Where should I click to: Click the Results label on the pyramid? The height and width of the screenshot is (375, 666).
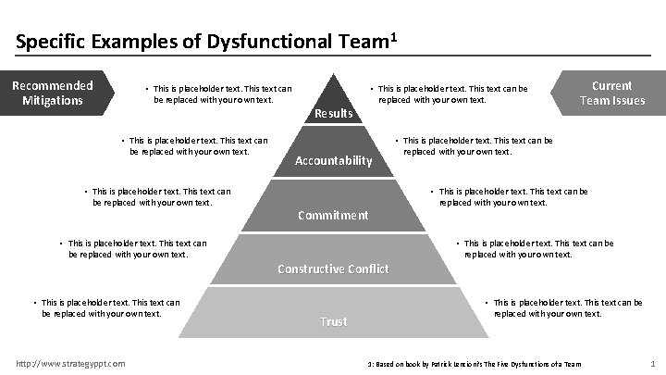(x=334, y=113)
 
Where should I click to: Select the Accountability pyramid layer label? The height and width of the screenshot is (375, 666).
(x=333, y=160)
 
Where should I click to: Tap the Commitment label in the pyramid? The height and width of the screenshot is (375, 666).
(x=333, y=215)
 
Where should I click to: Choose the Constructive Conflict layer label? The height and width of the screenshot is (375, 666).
(x=333, y=269)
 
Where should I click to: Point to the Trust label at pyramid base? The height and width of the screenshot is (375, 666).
(x=333, y=321)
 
